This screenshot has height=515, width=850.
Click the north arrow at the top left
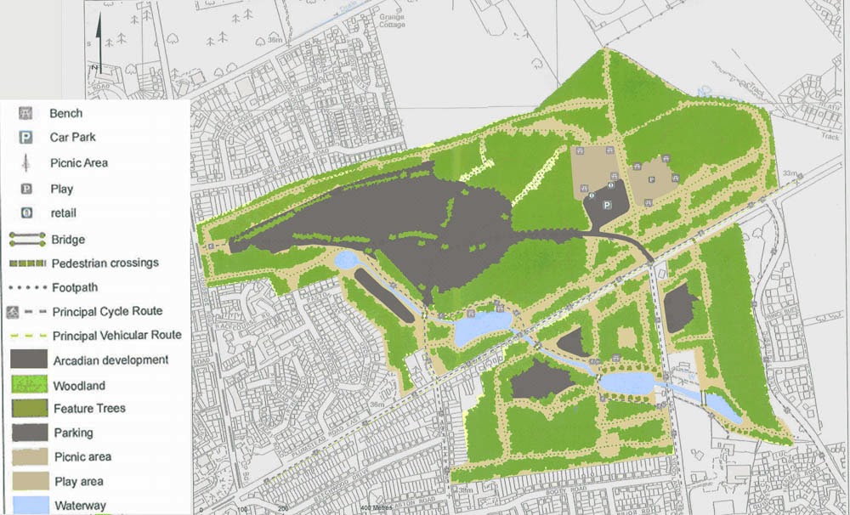coord(99,42)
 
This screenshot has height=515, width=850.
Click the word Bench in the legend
coord(65,113)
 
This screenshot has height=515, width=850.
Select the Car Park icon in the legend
coord(26,138)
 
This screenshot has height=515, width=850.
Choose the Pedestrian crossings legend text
coord(105,263)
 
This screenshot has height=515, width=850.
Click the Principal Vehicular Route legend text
coord(116,336)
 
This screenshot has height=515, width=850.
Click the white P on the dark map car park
coord(607,206)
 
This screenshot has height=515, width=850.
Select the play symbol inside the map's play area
coord(652,179)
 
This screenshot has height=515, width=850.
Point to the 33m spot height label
coord(790,173)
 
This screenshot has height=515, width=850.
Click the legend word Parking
coord(73,433)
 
